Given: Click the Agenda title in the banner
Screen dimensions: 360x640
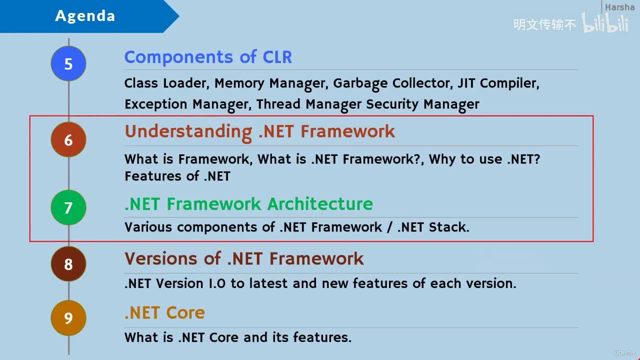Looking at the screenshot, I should pyautogui.click(x=85, y=16).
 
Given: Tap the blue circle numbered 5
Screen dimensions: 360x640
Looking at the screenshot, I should pyautogui.click(x=68, y=64).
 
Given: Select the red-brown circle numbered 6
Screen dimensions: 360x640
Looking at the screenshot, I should pyautogui.click(x=68, y=140).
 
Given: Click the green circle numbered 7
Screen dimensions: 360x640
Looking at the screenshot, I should pyautogui.click(x=68, y=207).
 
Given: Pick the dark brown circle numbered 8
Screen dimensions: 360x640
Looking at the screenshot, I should pyautogui.click(x=68, y=264).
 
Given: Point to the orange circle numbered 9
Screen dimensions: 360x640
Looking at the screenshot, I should pyautogui.click(x=68, y=318).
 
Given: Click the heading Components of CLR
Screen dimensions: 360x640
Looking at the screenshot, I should pyautogui.click(x=208, y=57).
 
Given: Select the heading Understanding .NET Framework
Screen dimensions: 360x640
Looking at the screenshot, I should pyautogui.click(x=259, y=131).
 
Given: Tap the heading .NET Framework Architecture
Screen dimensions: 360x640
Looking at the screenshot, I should pyautogui.click(x=248, y=204).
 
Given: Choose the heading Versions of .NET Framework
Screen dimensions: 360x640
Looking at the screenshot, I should pyautogui.click(x=244, y=258).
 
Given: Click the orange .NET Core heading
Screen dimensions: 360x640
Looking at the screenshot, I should pyautogui.click(x=164, y=313).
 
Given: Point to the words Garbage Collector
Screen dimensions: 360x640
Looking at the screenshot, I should pyautogui.click(x=392, y=83).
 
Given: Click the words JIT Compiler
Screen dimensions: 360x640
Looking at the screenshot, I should pyautogui.click(x=497, y=83).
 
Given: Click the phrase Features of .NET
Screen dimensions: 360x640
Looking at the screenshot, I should pyautogui.click(x=177, y=176).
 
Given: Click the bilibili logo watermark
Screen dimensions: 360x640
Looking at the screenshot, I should pyautogui.click(x=605, y=23).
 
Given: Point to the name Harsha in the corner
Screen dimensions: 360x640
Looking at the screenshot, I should pyautogui.click(x=619, y=7).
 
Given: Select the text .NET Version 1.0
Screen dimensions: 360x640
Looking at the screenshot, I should pyautogui.click(x=175, y=283).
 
